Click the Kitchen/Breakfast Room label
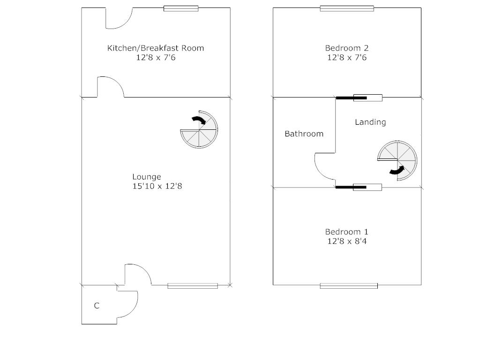[x=156, y=48]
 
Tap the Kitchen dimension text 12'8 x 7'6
[x=156, y=58]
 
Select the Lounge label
[x=146, y=177]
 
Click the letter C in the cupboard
[x=97, y=306]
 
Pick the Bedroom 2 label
[x=347, y=48]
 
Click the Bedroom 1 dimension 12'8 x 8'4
[x=347, y=241]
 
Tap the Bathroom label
[x=304, y=134]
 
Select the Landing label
[x=370, y=122]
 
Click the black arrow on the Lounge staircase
[x=200, y=120]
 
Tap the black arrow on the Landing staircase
[x=397, y=171]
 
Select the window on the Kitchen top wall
[x=181, y=8]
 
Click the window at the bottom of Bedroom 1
[x=349, y=285]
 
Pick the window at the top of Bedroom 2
[x=347, y=8]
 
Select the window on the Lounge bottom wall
[x=193, y=285]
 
